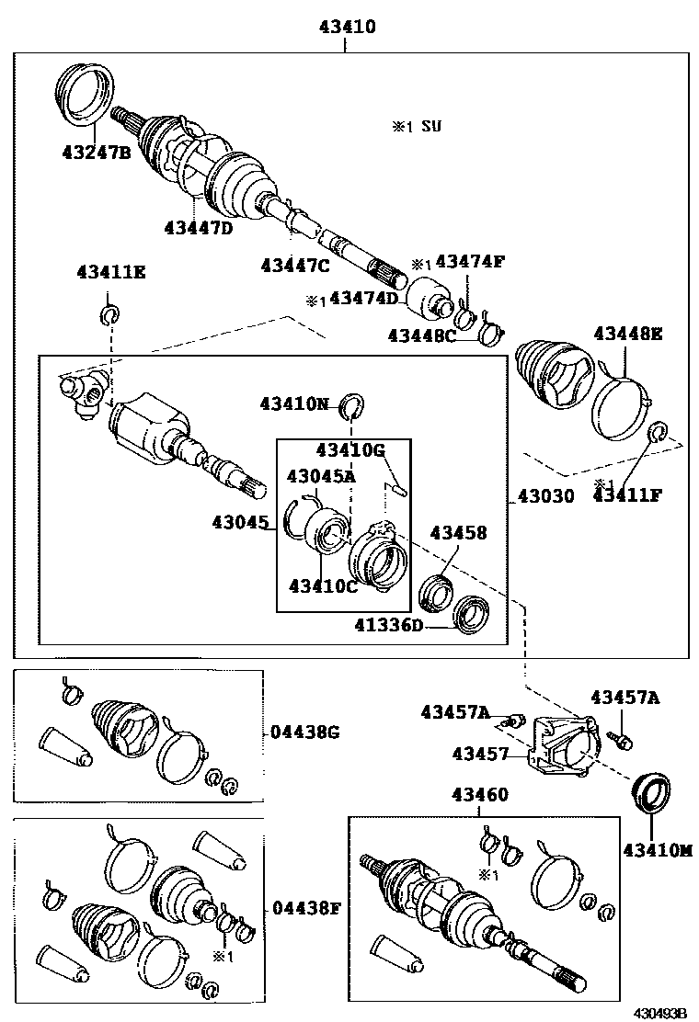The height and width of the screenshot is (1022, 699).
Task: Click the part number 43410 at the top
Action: [347, 28]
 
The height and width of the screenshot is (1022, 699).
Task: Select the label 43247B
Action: [97, 153]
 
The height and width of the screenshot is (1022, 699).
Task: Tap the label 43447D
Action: [199, 227]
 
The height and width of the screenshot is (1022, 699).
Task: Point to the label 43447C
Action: [294, 265]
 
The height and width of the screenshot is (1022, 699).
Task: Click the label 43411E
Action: [110, 272]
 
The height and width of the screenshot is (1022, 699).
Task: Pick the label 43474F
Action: [470, 262]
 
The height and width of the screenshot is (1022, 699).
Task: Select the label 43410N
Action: [293, 403]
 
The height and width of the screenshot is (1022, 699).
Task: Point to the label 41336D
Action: [390, 626]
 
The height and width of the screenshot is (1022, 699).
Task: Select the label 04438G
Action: [305, 732]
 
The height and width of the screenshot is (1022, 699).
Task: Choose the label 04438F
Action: [306, 909]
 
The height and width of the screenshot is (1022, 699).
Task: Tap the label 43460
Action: [479, 795]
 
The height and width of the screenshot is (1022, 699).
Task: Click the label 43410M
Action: [657, 851]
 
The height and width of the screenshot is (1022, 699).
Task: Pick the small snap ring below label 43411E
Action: [109, 315]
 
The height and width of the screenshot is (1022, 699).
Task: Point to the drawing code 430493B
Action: [659, 1013]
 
